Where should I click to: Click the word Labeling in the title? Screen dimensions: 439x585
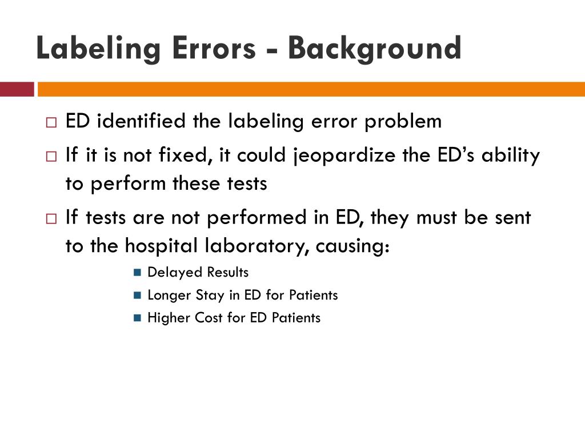pyautogui.click(x=94, y=49)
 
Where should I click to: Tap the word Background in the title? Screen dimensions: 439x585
pyautogui.click(x=374, y=49)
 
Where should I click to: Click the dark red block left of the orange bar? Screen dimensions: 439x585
pyautogui.click(x=17, y=89)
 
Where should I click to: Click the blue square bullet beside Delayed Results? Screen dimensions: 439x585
pyautogui.click(x=137, y=273)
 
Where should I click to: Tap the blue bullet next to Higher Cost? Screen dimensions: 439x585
pyautogui.click(x=137, y=318)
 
